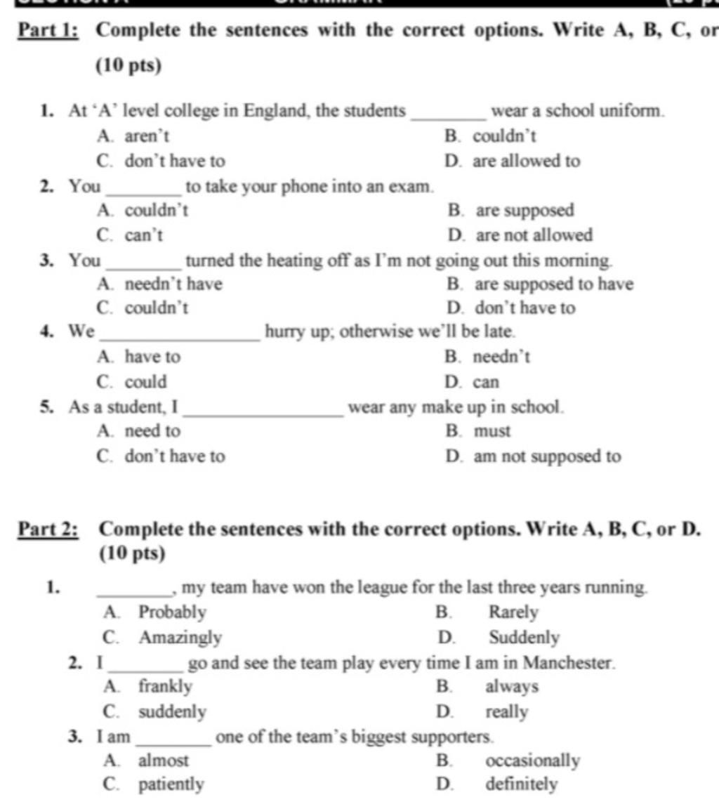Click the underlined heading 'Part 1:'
(48, 32)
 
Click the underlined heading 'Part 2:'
(49, 528)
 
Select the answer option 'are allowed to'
(526, 162)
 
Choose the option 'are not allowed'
(534, 235)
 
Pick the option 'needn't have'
(173, 284)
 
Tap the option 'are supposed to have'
(554, 284)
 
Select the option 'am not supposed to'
(547, 457)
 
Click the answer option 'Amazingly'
(180, 638)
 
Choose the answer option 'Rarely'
(513, 613)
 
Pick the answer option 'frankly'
(165, 686)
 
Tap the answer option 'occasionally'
(532, 761)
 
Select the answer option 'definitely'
(521, 784)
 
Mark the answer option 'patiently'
(171, 784)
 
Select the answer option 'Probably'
(172, 613)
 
